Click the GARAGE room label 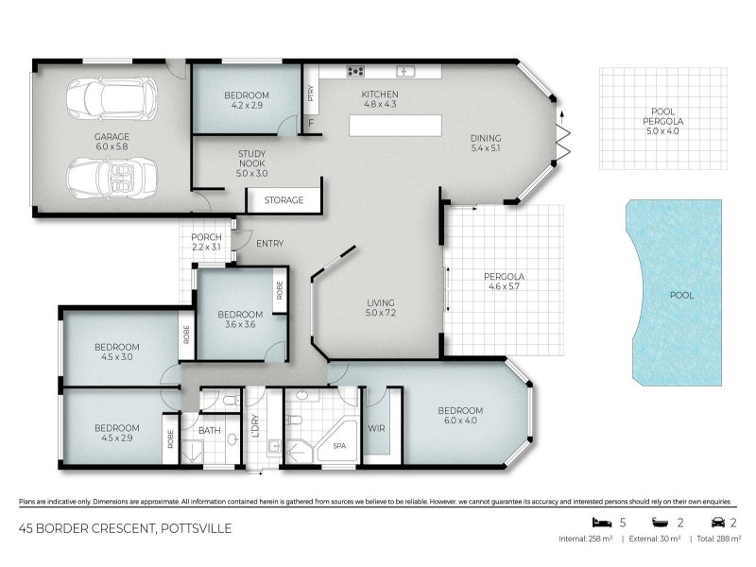(112, 136)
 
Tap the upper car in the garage (112, 99)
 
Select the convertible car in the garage (112, 176)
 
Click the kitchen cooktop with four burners (355, 72)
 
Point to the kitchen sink (405, 72)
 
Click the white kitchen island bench (395, 126)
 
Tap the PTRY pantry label (311, 93)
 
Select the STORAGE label (283, 200)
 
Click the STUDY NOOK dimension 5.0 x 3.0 (251, 173)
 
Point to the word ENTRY (270, 244)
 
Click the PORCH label (206, 237)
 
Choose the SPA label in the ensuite (339, 446)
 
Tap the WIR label (376, 428)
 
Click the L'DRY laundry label (255, 426)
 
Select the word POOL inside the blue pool (681, 295)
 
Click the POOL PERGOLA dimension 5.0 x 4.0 (662, 130)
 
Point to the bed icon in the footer (601, 523)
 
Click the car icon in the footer (718, 523)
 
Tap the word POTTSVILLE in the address (197, 529)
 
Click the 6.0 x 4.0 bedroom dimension (460, 421)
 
